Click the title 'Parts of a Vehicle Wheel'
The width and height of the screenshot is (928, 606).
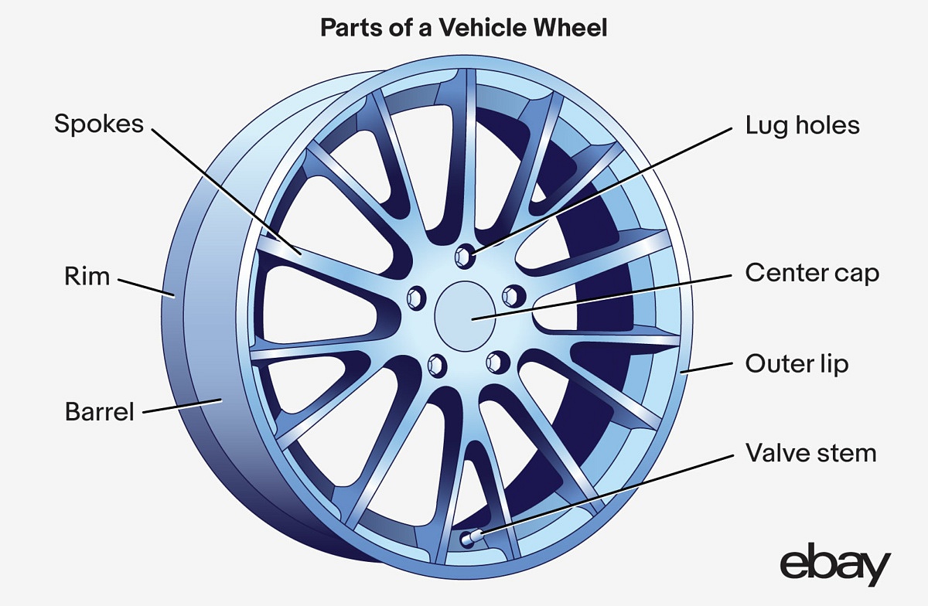tap(464, 29)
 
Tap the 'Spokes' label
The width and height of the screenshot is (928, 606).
tap(99, 124)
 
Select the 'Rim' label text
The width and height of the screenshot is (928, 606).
tap(87, 277)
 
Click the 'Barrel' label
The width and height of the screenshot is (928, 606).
tap(99, 411)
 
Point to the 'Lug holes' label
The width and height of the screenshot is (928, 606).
tap(802, 125)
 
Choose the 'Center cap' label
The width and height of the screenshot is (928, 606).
tap(812, 273)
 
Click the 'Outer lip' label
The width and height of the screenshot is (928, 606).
tap(797, 363)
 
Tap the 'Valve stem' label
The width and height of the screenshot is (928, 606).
tap(810, 452)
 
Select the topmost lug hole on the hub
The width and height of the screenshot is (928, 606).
tap(464, 255)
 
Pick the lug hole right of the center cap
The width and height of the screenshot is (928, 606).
tap(511, 294)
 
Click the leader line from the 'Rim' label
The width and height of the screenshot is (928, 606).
tap(145, 287)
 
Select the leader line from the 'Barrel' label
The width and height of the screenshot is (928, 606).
tap(183, 407)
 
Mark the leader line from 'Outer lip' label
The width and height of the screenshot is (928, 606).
tap(708, 367)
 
